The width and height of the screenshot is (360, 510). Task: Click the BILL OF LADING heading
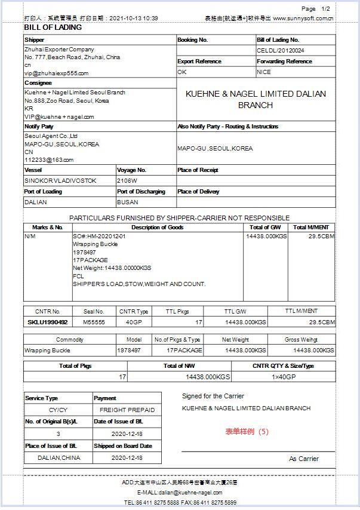(53, 27)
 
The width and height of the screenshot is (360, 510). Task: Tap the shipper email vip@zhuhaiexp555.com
(56, 73)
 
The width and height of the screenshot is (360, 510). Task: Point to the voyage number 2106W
(127, 180)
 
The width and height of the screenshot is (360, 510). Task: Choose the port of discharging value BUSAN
(128, 202)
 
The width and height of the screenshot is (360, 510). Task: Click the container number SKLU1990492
(48, 322)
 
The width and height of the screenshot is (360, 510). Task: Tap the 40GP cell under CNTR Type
(134, 322)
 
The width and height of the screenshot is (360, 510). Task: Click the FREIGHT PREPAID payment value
(127, 410)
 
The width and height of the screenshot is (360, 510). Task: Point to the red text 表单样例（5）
(247, 431)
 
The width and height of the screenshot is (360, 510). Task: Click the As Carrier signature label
(303, 459)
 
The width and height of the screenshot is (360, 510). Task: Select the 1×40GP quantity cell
(284, 377)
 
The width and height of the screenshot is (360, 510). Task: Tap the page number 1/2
(325, 9)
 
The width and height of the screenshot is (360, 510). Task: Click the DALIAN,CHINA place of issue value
(59, 458)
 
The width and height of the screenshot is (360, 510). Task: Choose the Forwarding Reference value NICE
(264, 72)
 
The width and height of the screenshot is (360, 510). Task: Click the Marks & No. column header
(48, 227)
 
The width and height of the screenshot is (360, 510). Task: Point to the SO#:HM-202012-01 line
(99, 236)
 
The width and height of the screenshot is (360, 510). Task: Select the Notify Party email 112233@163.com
(49, 159)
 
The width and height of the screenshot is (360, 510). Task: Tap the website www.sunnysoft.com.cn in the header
(303, 19)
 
